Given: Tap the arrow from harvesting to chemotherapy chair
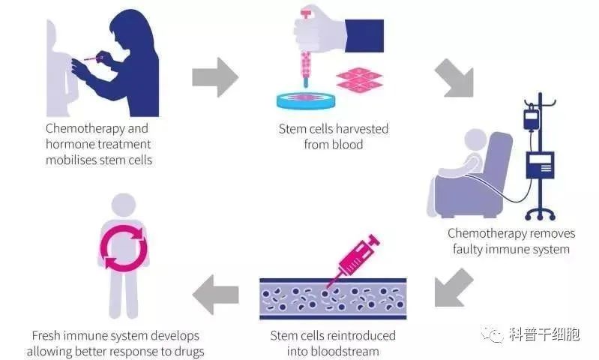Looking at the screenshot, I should pyautogui.click(x=454, y=81).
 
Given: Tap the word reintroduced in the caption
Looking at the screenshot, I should pyautogui.click(x=364, y=335).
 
